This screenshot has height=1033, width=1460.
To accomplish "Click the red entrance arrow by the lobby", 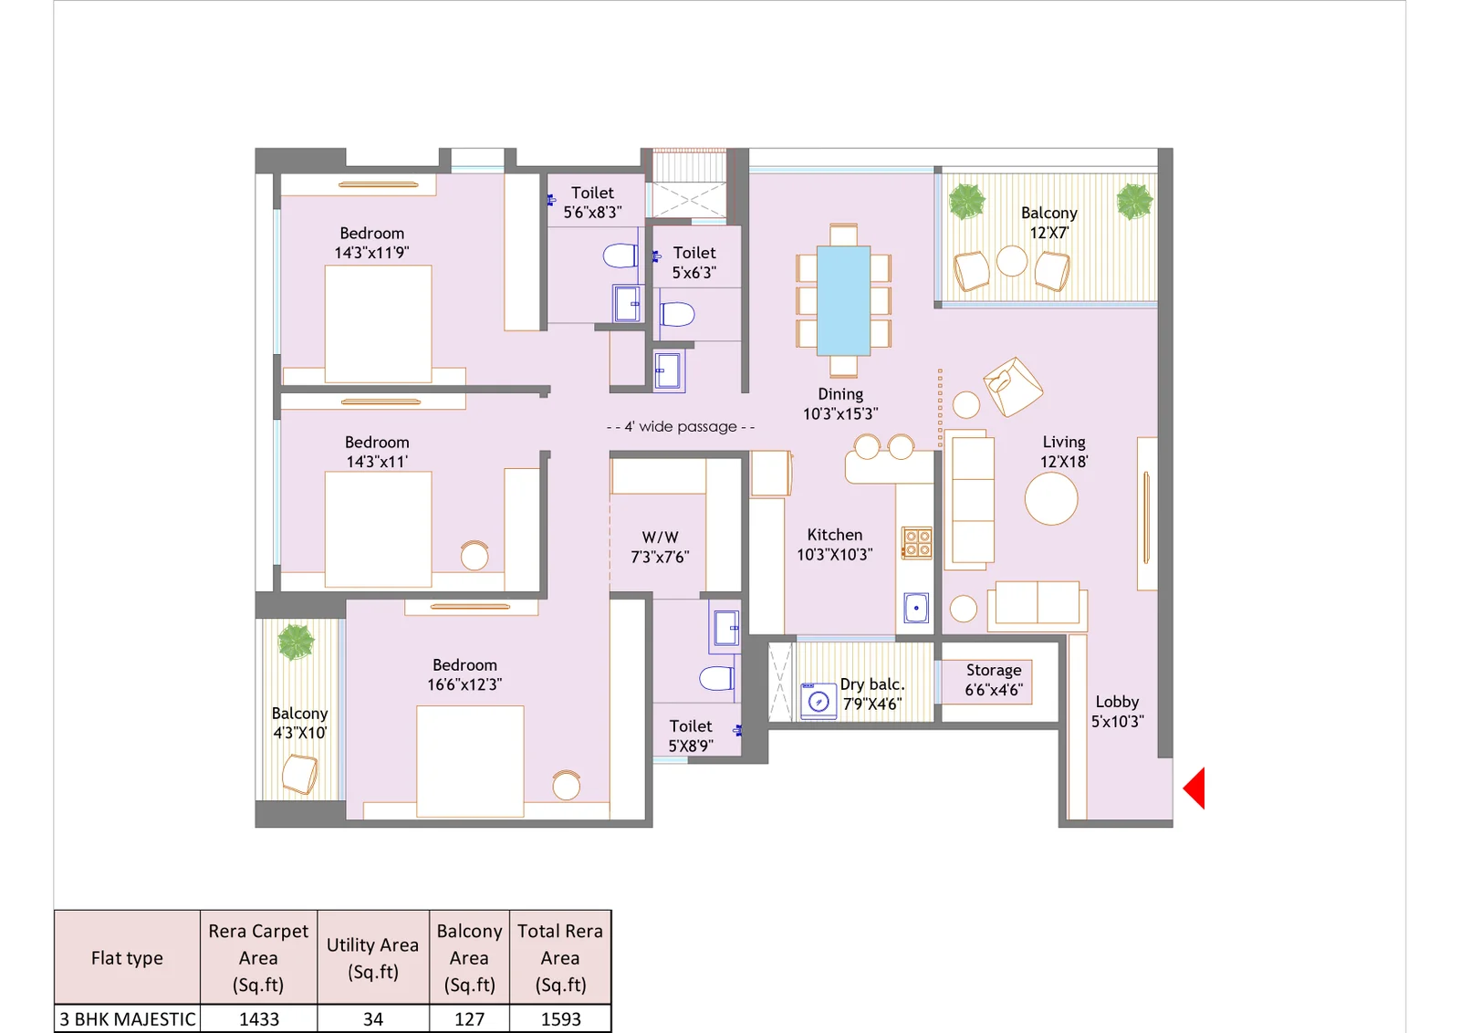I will tap(1195, 788).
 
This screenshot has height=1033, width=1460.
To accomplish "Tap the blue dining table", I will tap(843, 300).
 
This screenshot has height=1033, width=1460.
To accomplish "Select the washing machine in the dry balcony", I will tap(819, 701).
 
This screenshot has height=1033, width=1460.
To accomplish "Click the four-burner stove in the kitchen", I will tap(917, 543).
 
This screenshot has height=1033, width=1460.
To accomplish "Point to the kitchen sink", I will tap(916, 608).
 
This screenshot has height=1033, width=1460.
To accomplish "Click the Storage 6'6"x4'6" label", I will tap(993, 681).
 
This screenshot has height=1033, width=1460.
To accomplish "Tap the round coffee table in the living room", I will tap(1051, 498).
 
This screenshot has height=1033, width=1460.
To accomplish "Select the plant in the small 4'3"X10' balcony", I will tap(296, 642).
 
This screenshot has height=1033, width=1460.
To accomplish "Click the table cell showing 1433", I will tap(259, 1019).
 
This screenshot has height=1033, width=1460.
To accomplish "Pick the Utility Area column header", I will tap(372, 957).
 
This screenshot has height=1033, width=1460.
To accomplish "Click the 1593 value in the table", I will tap(560, 1019).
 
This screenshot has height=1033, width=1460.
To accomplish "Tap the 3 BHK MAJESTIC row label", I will tap(128, 1019).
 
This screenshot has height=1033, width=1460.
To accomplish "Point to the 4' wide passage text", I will tap(681, 427).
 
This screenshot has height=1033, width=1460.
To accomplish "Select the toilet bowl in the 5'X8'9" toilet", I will tap(716, 678).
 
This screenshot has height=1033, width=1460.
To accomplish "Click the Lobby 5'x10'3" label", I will tap(1117, 711).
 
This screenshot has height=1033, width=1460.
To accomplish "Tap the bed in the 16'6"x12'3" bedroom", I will tap(470, 761).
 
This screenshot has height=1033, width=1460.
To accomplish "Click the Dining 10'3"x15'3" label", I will tap(840, 403).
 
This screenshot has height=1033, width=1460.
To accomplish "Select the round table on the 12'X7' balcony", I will tap(1012, 261).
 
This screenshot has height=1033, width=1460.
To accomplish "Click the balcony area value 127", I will tap(469, 1019).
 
